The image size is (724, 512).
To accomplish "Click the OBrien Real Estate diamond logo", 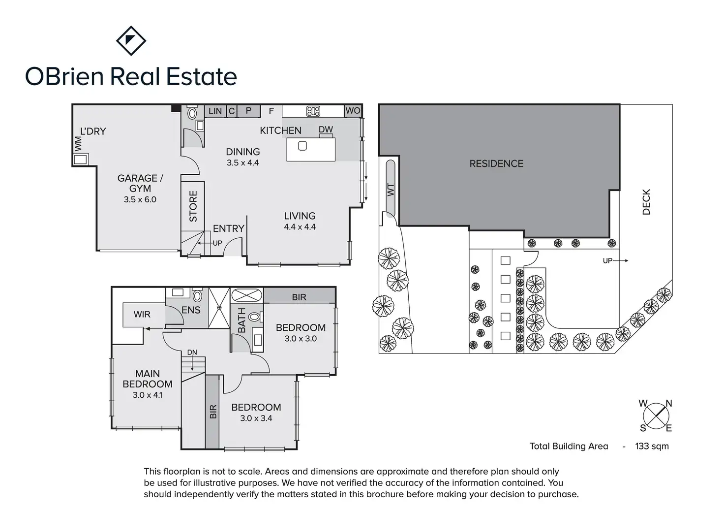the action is pyautogui.click(x=131, y=40).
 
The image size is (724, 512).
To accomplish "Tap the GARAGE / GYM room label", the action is pyautogui.click(x=140, y=183).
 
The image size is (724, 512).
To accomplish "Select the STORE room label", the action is pyautogui.click(x=193, y=206).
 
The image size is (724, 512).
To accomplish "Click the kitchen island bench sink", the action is pyautogui.click(x=302, y=146).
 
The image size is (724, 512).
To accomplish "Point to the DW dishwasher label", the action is pyautogui.click(x=326, y=129).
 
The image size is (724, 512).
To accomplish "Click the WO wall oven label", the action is pyautogui.click(x=353, y=111).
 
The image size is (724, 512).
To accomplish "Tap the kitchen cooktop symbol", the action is pyautogui.click(x=313, y=111).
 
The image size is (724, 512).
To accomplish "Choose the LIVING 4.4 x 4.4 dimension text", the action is pyautogui.click(x=300, y=227).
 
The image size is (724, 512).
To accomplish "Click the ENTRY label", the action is pyautogui.click(x=228, y=228).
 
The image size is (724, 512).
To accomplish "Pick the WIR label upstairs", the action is pyautogui.click(x=142, y=314).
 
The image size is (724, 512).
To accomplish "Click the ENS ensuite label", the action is pyautogui.click(x=191, y=310).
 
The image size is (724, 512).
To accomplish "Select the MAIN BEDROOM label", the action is pyautogui.click(x=148, y=379).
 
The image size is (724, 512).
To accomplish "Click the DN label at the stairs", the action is pyautogui.click(x=192, y=352).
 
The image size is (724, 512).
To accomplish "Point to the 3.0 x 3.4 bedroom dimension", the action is pyautogui.click(x=256, y=418).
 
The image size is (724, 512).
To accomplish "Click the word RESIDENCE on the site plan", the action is pyautogui.click(x=496, y=163).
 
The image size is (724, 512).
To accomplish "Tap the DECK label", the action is pyautogui.click(x=646, y=202).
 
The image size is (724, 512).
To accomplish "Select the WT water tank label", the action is pyautogui.click(x=392, y=190).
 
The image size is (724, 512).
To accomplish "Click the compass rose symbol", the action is pyautogui.click(x=656, y=416).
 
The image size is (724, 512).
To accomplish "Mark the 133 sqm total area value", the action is pyautogui.click(x=652, y=447).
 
